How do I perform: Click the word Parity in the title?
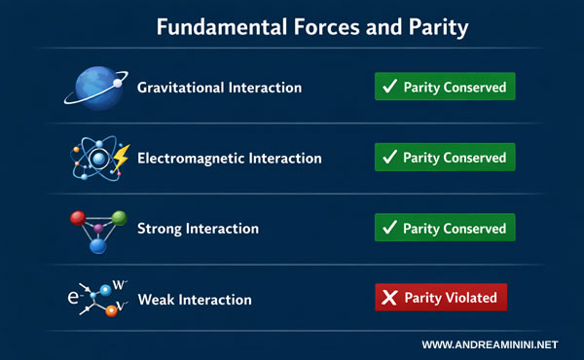click(431, 28)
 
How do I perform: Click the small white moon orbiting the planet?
click(118, 84)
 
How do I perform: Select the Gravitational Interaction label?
click(219, 88)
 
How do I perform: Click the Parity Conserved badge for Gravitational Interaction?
click(445, 87)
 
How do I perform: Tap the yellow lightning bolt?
click(122, 157)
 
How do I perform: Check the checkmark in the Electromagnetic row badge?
click(389, 158)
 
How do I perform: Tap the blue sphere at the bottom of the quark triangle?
click(97, 247)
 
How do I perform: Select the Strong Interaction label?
click(198, 229)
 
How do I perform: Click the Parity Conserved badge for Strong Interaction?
click(445, 228)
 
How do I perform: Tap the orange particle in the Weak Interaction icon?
click(112, 310)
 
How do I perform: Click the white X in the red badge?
click(388, 298)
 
